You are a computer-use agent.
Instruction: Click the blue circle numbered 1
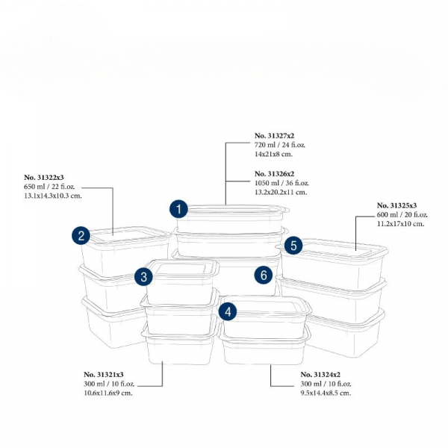178,208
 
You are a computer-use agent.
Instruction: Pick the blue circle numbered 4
228,309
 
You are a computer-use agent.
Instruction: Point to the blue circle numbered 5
293,244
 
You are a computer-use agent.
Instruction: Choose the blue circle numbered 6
263,275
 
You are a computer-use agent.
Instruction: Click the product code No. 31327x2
275,136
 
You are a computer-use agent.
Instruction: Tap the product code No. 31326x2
275,173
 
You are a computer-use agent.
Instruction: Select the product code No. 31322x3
45,178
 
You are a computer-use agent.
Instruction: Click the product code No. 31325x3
397,205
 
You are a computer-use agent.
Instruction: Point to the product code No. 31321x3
104,374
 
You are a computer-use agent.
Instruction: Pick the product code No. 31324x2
320,374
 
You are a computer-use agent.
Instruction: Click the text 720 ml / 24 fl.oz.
281,145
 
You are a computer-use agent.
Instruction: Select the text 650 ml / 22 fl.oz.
52,187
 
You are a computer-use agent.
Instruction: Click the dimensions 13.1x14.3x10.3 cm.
53,196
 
